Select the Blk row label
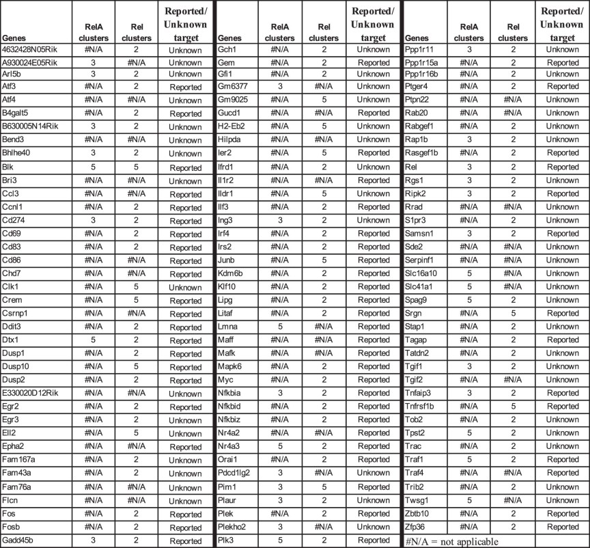pos(10,167)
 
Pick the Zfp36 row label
pos(417,526)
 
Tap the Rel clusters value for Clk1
pos(137,286)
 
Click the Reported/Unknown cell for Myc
pos(374,379)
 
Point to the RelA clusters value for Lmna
pos(280,326)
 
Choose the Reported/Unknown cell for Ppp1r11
pos(563,50)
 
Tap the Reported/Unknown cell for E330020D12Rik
pos(186,393)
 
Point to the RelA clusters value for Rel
pos(468,167)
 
